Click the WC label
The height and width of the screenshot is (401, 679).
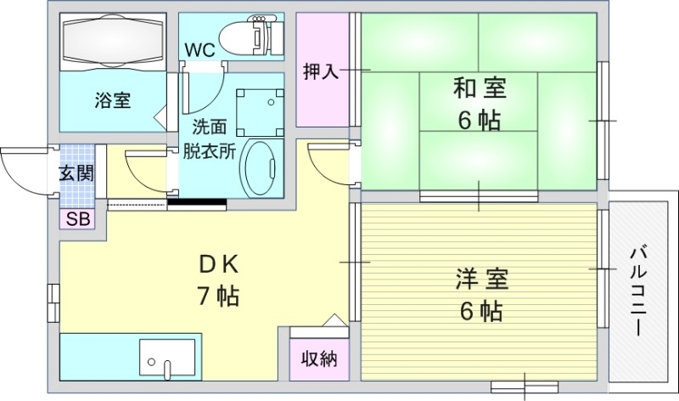200,50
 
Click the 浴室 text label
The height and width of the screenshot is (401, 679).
112,100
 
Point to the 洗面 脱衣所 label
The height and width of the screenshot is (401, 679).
209,140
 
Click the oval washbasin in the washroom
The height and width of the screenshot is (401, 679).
260,168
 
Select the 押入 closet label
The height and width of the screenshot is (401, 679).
321,71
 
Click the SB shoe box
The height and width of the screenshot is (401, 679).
77,218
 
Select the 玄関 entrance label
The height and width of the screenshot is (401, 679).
76,173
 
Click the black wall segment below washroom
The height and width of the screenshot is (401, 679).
197,202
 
